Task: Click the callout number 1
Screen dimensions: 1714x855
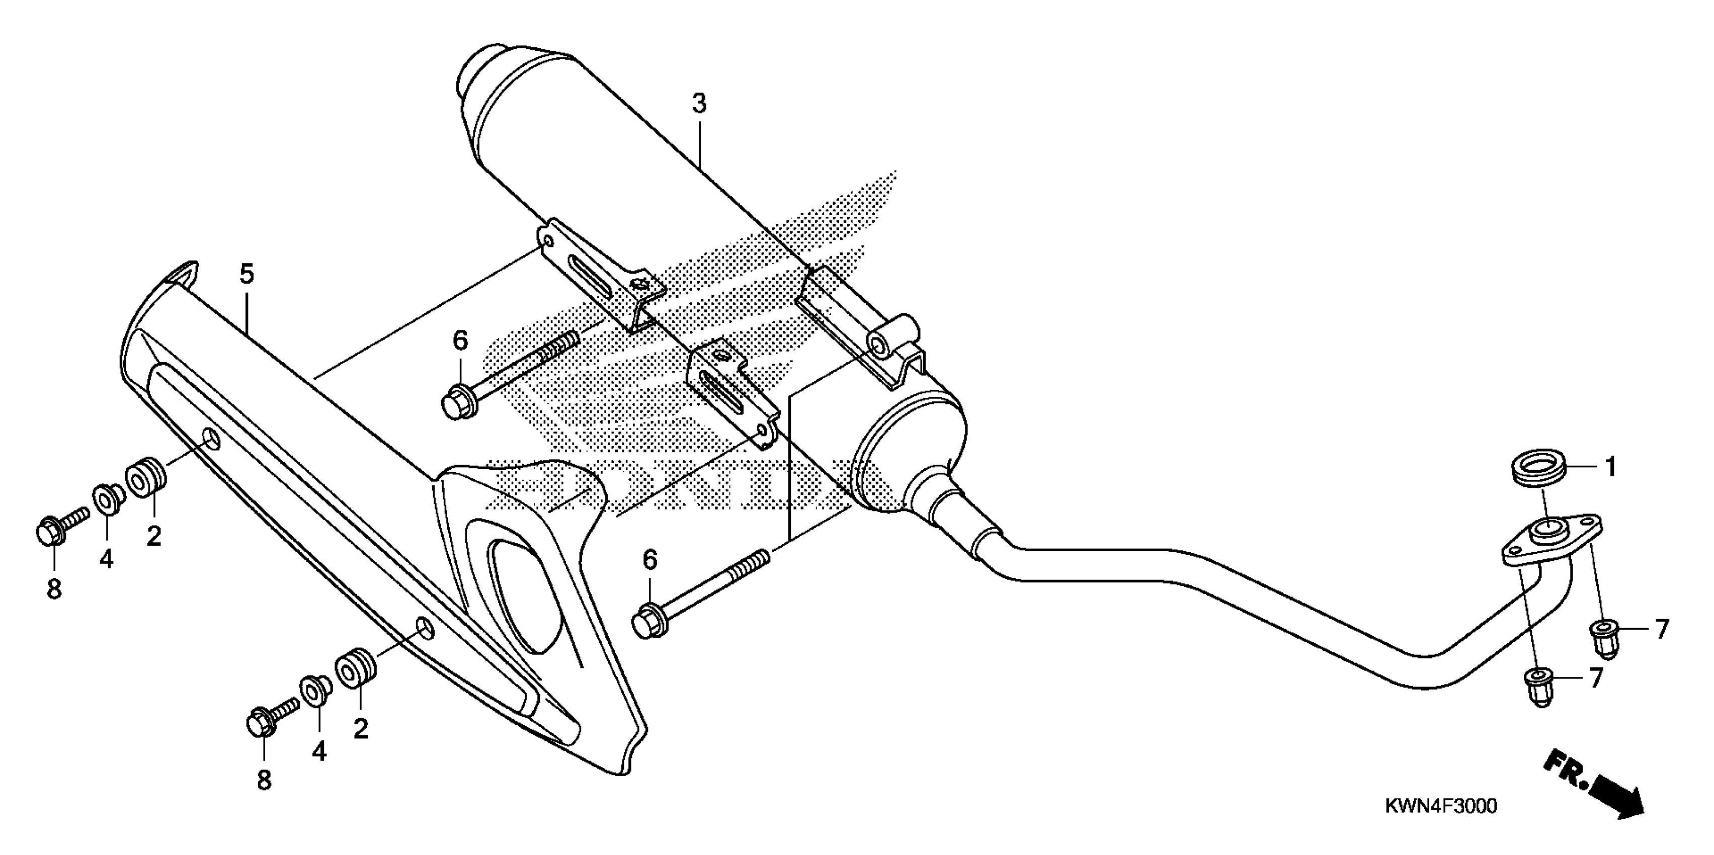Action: (1611, 468)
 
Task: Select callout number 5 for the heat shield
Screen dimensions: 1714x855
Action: (247, 274)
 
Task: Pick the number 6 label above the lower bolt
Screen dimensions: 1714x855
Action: (649, 560)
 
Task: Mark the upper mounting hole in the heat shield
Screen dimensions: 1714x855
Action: (211, 439)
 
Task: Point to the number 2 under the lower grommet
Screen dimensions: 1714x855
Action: (361, 730)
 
